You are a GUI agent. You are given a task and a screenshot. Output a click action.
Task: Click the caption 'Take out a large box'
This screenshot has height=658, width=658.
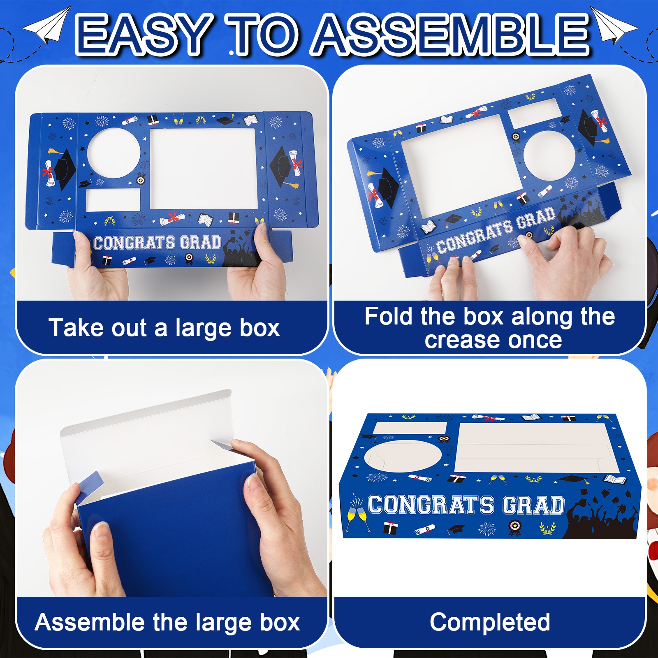click(164, 328)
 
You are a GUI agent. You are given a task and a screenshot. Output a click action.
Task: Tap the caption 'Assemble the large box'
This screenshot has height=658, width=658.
click(167, 622)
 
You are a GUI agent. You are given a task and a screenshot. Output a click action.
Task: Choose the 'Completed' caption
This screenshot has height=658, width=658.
click(490, 622)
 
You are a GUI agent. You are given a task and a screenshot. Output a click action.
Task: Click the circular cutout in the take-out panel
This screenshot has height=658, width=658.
click(114, 153)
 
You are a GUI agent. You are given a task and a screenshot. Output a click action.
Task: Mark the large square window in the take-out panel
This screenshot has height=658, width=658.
click(204, 169)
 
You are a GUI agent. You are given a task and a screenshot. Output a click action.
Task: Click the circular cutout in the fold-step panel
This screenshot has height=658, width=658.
click(549, 156)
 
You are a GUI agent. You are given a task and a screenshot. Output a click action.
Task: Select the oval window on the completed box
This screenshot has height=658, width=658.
click(403, 456)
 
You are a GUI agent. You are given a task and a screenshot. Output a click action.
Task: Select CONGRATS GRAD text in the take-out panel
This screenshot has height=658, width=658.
click(157, 243)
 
